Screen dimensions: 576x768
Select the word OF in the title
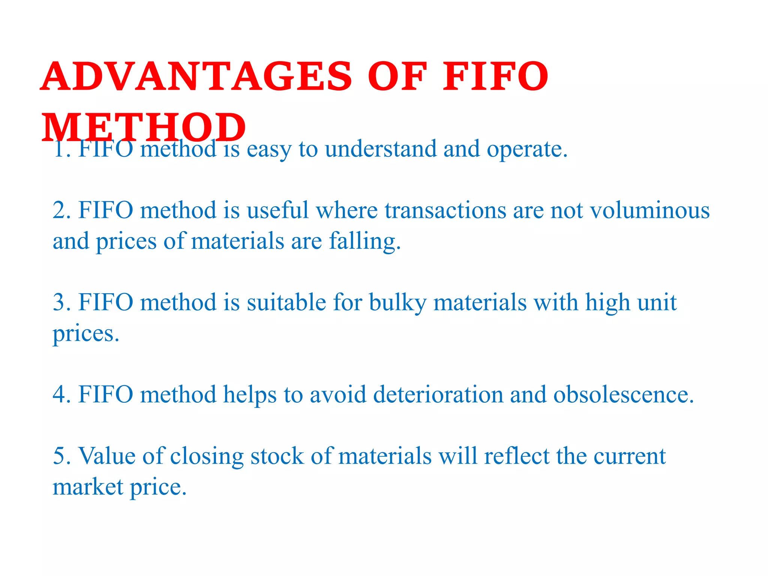pos(397,77)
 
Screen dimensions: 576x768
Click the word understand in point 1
pos(381,149)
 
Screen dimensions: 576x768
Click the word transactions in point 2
pos(445,210)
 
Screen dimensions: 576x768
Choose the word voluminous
pos(650,210)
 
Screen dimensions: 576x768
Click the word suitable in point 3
pos(286,303)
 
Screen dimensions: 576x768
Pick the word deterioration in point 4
pos(438,395)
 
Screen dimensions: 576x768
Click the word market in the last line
pos(88,487)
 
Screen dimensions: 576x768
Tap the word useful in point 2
pos(277,210)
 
